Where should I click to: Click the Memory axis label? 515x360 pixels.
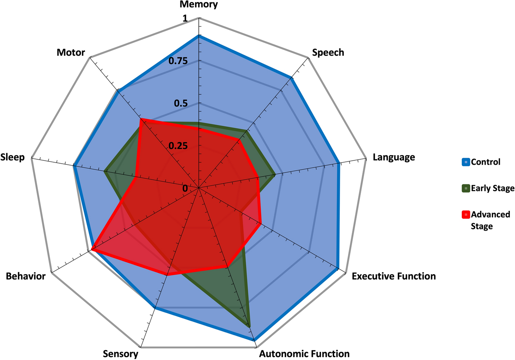coord(199,5)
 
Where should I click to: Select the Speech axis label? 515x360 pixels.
coord(328,53)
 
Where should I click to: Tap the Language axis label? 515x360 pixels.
coord(394,157)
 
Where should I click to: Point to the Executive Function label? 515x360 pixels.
coord(394,276)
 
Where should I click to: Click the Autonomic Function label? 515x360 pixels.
coord(304,354)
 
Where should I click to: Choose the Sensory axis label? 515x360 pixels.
coord(120,354)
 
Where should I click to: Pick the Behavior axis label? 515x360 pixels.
coord(26,276)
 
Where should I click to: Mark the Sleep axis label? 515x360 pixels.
coord(13,157)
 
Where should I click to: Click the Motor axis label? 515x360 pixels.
coord(71,53)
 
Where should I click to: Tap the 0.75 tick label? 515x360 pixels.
coord(178,61)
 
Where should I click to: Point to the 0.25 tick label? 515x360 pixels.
coord(178,146)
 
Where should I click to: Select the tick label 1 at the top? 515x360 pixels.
coord(185,19)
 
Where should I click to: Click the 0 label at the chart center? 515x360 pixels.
coord(185,188)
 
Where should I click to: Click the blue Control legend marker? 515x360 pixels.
coord(466,162)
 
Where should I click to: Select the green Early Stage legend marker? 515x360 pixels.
coord(466,188)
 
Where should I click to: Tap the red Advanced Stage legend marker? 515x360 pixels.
coord(466,215)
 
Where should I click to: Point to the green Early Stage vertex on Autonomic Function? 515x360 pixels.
coord(249,326)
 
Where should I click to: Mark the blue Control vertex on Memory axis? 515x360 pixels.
coord(199,36)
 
